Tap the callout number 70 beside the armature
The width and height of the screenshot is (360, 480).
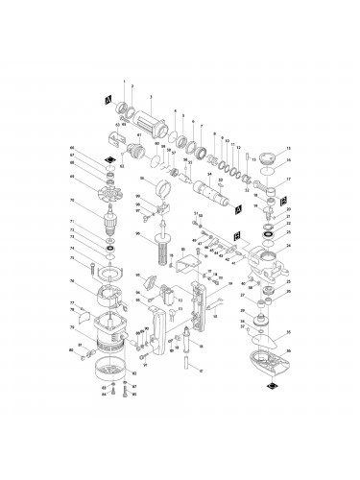pyautogui.click(x=72, y=202)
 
